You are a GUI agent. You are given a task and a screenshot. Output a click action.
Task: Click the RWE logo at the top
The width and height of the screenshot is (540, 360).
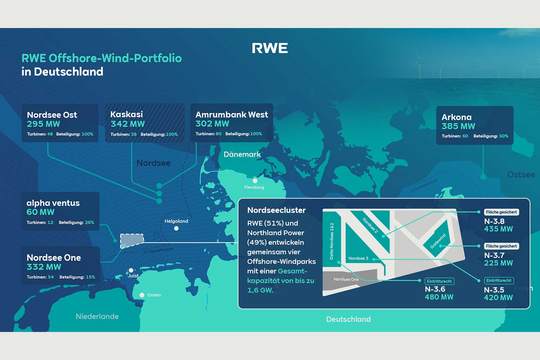pyautogui.click(x=270, y=48)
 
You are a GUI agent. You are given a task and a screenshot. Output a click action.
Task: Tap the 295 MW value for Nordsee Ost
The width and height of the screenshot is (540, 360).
pyautogui.click(x=44, y=124)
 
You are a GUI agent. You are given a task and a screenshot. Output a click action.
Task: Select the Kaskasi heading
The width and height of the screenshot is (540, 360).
pyautogui.click(x=127, y=114)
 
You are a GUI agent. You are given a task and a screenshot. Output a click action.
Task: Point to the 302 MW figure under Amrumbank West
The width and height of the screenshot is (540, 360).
pyautogui.click(x=212, y=124)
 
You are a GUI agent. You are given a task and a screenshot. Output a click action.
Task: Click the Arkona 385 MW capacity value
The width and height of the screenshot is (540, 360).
pyautogui.click(x=458, y=126)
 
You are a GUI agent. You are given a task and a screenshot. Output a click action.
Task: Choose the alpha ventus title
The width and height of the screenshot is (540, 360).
pyautogui.click(x=53, y=203)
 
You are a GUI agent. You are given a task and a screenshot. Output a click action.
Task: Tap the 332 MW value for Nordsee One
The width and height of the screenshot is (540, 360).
pyautogui.click(x=44, y=267)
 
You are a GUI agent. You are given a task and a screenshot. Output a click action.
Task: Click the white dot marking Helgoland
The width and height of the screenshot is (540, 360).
pyautogui.click(x=176, y=228)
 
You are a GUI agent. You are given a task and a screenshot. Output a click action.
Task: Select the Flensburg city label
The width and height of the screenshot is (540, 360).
pyautogui.click(x=254, y=187)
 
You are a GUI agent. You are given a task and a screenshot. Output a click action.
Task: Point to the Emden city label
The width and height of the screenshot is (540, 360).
pyautogui.click(x=154, y=295)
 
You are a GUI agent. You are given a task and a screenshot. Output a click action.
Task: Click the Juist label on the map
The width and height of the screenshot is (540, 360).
pyautogui.click(x=133, y=276)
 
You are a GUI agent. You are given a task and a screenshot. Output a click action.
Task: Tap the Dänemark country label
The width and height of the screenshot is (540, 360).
pyautogui.click(x=242, y=154)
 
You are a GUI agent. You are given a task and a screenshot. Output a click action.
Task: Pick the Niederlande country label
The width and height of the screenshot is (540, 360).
pyautogui.click(x=97, y=316)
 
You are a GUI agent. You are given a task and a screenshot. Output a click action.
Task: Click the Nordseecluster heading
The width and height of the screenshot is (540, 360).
pyautogui.click(x=276, y=210)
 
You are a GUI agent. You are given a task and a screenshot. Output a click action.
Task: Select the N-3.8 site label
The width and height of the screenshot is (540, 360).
pyautogui.click(x=494, y=221)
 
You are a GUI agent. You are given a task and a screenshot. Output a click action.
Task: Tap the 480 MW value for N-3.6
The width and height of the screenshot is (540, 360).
pyautogui.click(x=439, y=297)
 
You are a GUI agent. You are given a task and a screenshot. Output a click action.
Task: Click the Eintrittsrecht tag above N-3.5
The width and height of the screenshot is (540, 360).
pyautogui.click(x=499, y=280)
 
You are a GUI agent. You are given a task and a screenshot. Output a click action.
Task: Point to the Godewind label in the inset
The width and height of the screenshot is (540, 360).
pyautogui.click(x=438, y=241)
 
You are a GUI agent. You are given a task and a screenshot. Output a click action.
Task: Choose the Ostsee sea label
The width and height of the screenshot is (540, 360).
pyautogui.click(x=521, y=175)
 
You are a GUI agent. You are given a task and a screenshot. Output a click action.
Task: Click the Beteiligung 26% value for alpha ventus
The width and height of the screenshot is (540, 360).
pyautogui.click(x=89, y=222)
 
